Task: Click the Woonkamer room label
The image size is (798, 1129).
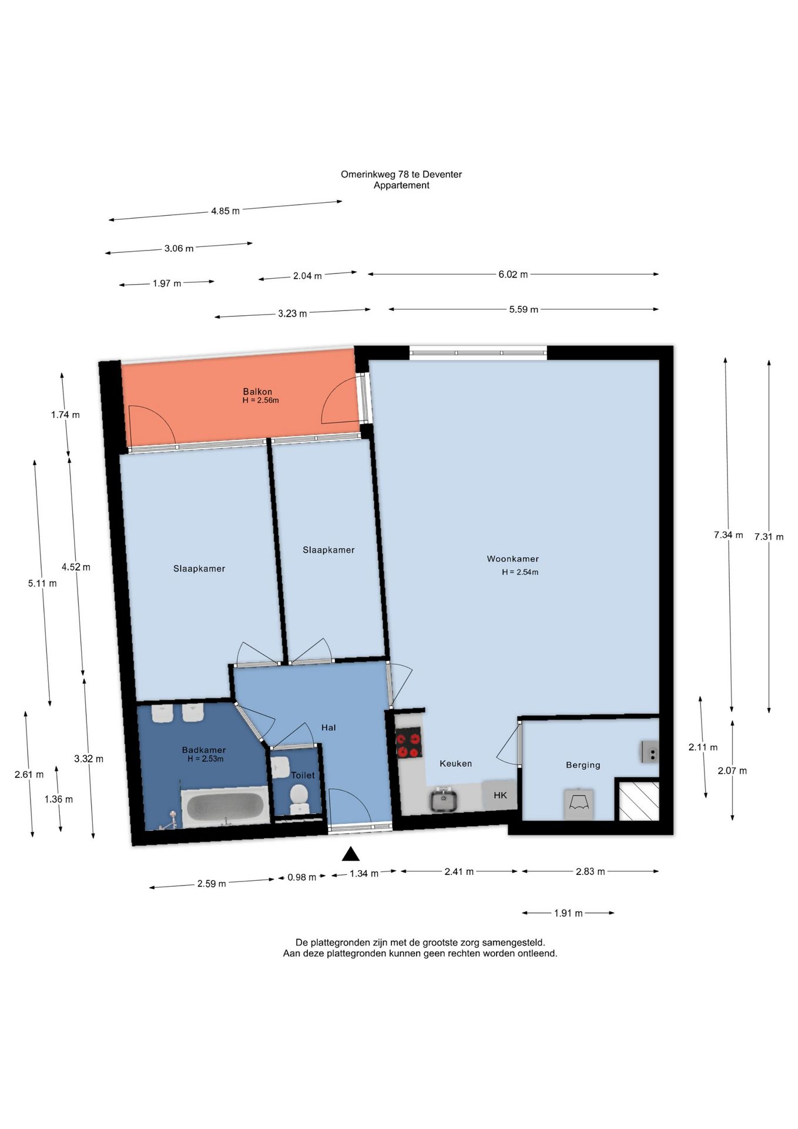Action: (x=512, y=559)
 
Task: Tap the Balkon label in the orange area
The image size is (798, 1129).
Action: (x=257, y=392)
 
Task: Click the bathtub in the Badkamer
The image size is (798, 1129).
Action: (x=226, y=807)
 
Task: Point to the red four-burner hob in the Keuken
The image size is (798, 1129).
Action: (x=408, y=743)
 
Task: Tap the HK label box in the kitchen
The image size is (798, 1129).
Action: (x=500, y=795)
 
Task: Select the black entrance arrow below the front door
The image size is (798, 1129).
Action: (x=351, y=853)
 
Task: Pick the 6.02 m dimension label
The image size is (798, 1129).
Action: (x=513, y=274)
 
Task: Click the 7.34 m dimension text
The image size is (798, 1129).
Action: (x=728, y=535)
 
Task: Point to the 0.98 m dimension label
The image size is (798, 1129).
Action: (x=301, y=877)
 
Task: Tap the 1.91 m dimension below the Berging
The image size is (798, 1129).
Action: (x=568, y=913)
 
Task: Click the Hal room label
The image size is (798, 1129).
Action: (x=328, y=727)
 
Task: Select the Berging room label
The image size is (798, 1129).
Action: (x=583, y=765)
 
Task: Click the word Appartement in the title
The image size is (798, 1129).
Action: (x=401, y=185)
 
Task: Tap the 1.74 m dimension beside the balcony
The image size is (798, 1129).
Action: (x=65, y=415)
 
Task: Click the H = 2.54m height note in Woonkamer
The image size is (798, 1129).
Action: (x=520, y=572)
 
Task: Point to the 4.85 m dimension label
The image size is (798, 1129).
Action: (x=225, y=211)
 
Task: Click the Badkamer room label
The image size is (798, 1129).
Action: (x=204, y=750)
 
